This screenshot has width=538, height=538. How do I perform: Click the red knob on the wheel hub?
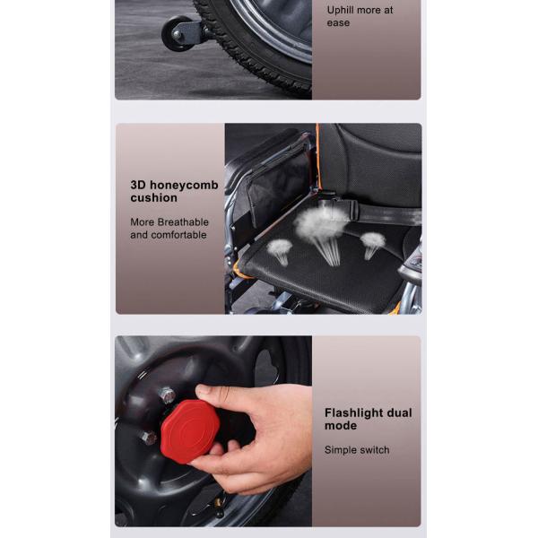tap(190, 431)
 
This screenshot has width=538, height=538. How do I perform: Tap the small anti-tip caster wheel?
tap(176, 34)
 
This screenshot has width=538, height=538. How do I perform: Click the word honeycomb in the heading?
tap(184, 186)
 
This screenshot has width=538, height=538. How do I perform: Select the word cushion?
tap(153, 197)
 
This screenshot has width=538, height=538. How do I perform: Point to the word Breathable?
tap(183, 222)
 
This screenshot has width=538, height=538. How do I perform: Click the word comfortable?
tap(178, 235)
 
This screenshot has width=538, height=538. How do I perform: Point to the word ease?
tap(338, 23)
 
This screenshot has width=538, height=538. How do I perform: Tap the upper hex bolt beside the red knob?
tap(168, 395)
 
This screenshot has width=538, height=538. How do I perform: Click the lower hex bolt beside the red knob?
tap(149, 438)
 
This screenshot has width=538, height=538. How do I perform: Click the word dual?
tap(399, 412)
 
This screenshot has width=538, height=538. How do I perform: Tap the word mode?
tap(341, 426)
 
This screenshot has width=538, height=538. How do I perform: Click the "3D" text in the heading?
tap(138, 185)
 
